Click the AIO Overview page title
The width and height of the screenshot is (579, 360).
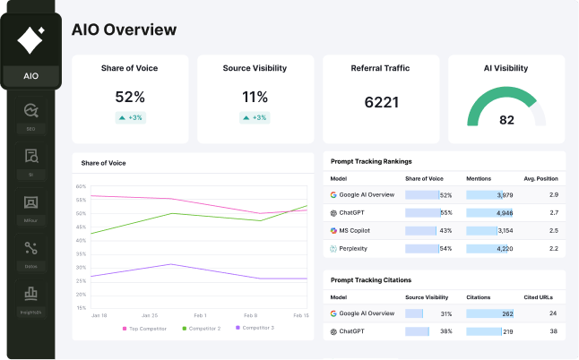(x=124, y=30)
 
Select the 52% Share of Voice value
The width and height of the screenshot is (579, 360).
(x=130, y=97)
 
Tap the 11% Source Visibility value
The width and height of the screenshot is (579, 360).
(x=255, y=97)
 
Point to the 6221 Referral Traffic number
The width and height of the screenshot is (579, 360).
(x=381, y=102)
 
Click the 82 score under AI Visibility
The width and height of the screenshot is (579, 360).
(x=506, y=120)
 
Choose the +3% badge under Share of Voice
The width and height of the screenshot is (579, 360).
(x=130, y=117)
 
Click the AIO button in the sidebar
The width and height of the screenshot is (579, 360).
(x=30, y=75)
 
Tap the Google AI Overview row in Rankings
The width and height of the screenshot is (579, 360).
(x=367, y=194)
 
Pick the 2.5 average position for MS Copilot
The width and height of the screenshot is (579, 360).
(x=554, y=230)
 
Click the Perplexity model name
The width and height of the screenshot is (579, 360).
(x=353, y=248)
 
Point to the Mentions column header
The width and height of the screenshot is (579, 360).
(x=479, y=179)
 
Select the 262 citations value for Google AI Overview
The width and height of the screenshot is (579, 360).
(x=507, y=313)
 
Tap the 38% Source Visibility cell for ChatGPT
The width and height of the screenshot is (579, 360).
(x=445, y=331)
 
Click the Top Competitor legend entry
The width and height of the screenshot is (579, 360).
(x=148, y=329)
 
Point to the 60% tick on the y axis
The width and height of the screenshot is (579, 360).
(x=81, y=186)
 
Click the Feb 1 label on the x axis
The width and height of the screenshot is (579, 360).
(x=199, y=315)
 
